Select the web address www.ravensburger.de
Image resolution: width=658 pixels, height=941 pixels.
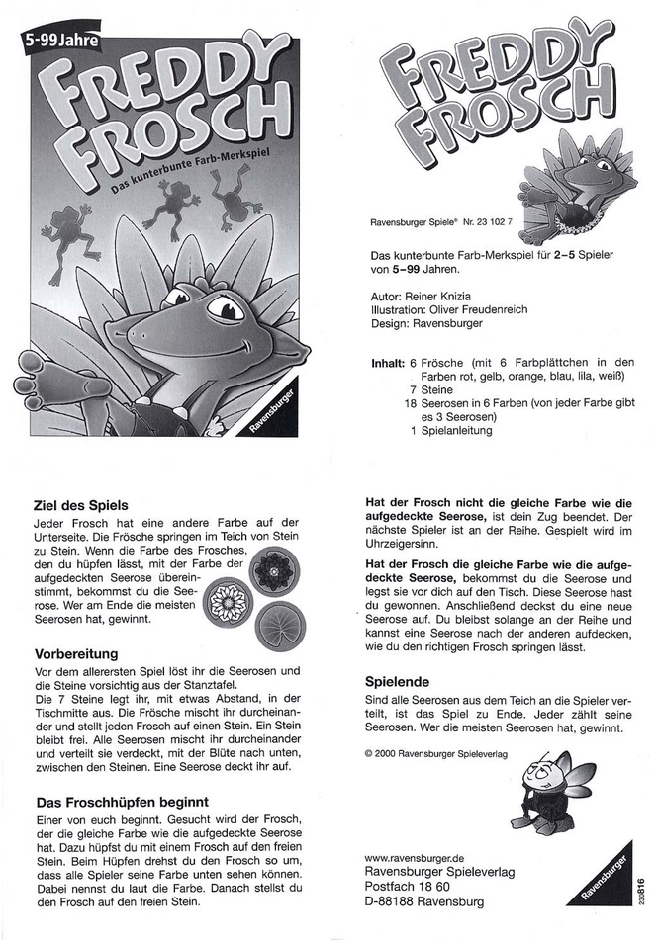click(416, 857)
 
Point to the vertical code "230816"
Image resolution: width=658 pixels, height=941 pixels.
click(642, 882)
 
